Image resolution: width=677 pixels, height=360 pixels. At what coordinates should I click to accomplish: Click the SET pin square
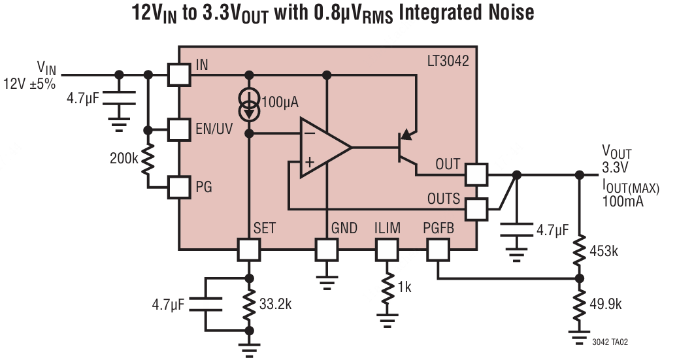pyautogui.click(x=248, y=250)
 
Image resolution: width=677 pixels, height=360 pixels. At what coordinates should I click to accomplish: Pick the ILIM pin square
pyautogui.click(x=386, y=250)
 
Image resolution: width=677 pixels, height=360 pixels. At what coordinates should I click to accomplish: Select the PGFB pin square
pyautogui.click(x=438, y=250)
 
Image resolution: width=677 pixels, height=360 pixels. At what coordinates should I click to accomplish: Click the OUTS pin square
pyautogui.click(x=476, y=209)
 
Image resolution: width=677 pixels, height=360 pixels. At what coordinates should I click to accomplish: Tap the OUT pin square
pyautogui.click(x=476, y=174)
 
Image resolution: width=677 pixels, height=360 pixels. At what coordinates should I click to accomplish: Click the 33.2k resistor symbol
pyautogui.click(x=248, y=304)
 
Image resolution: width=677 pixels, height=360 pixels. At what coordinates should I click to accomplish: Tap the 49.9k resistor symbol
pyautogui.click(x=579, y=304)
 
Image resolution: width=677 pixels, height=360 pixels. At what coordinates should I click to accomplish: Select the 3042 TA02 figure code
pyautogui.click(x=610, y=342)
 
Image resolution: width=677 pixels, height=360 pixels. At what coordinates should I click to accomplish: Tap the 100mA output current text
pyautogui.click(x=623, y=201)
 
